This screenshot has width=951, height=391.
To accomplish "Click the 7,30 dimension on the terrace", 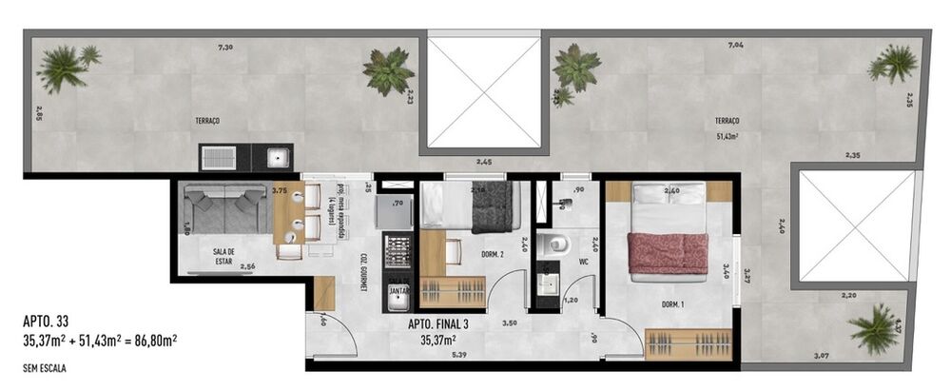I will [224, 47].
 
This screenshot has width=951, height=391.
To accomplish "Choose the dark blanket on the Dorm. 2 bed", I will [493, 207].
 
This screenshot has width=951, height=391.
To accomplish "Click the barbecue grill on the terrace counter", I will [220, 156].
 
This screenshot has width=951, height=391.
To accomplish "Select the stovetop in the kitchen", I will [396, 251].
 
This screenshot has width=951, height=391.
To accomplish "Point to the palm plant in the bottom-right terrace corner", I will [876, 330].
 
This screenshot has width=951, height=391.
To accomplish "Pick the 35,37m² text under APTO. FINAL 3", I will [437, 338].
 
